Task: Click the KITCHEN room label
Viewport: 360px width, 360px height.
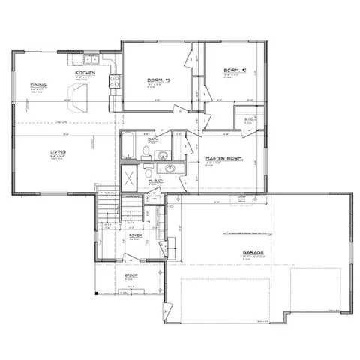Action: (94, 73)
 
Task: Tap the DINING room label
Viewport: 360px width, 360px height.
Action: (38, 85)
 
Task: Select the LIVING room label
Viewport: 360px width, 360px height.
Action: (58, 153)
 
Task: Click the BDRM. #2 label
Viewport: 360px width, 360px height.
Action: (230, 70)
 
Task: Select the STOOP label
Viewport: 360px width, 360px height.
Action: (130, 276)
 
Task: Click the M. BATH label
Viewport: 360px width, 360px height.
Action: (156, 182)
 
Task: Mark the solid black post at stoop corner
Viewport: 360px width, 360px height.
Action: (97, 291)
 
